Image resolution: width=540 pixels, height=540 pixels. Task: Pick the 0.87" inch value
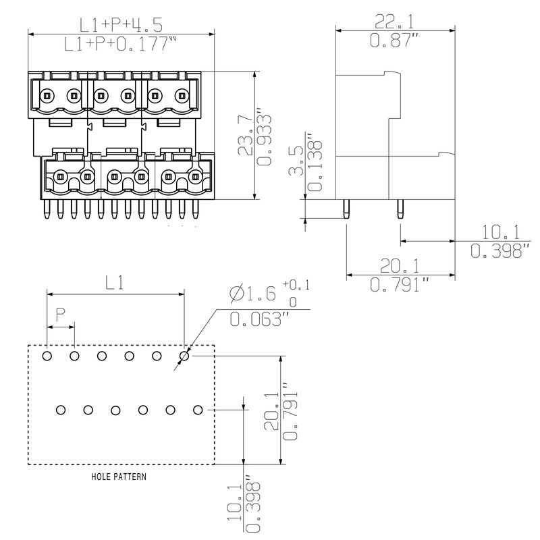click(x=394, y=41)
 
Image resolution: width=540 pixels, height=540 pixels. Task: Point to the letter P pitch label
click(x=60, y=314)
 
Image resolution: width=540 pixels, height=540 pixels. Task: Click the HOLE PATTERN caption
click(x=119, y=477)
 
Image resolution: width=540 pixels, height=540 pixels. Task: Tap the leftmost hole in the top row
click(x=47, y=356)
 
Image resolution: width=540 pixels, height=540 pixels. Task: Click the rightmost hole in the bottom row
click(x=198, y=410)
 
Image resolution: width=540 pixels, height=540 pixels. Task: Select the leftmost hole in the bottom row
click(x=61, y=410)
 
